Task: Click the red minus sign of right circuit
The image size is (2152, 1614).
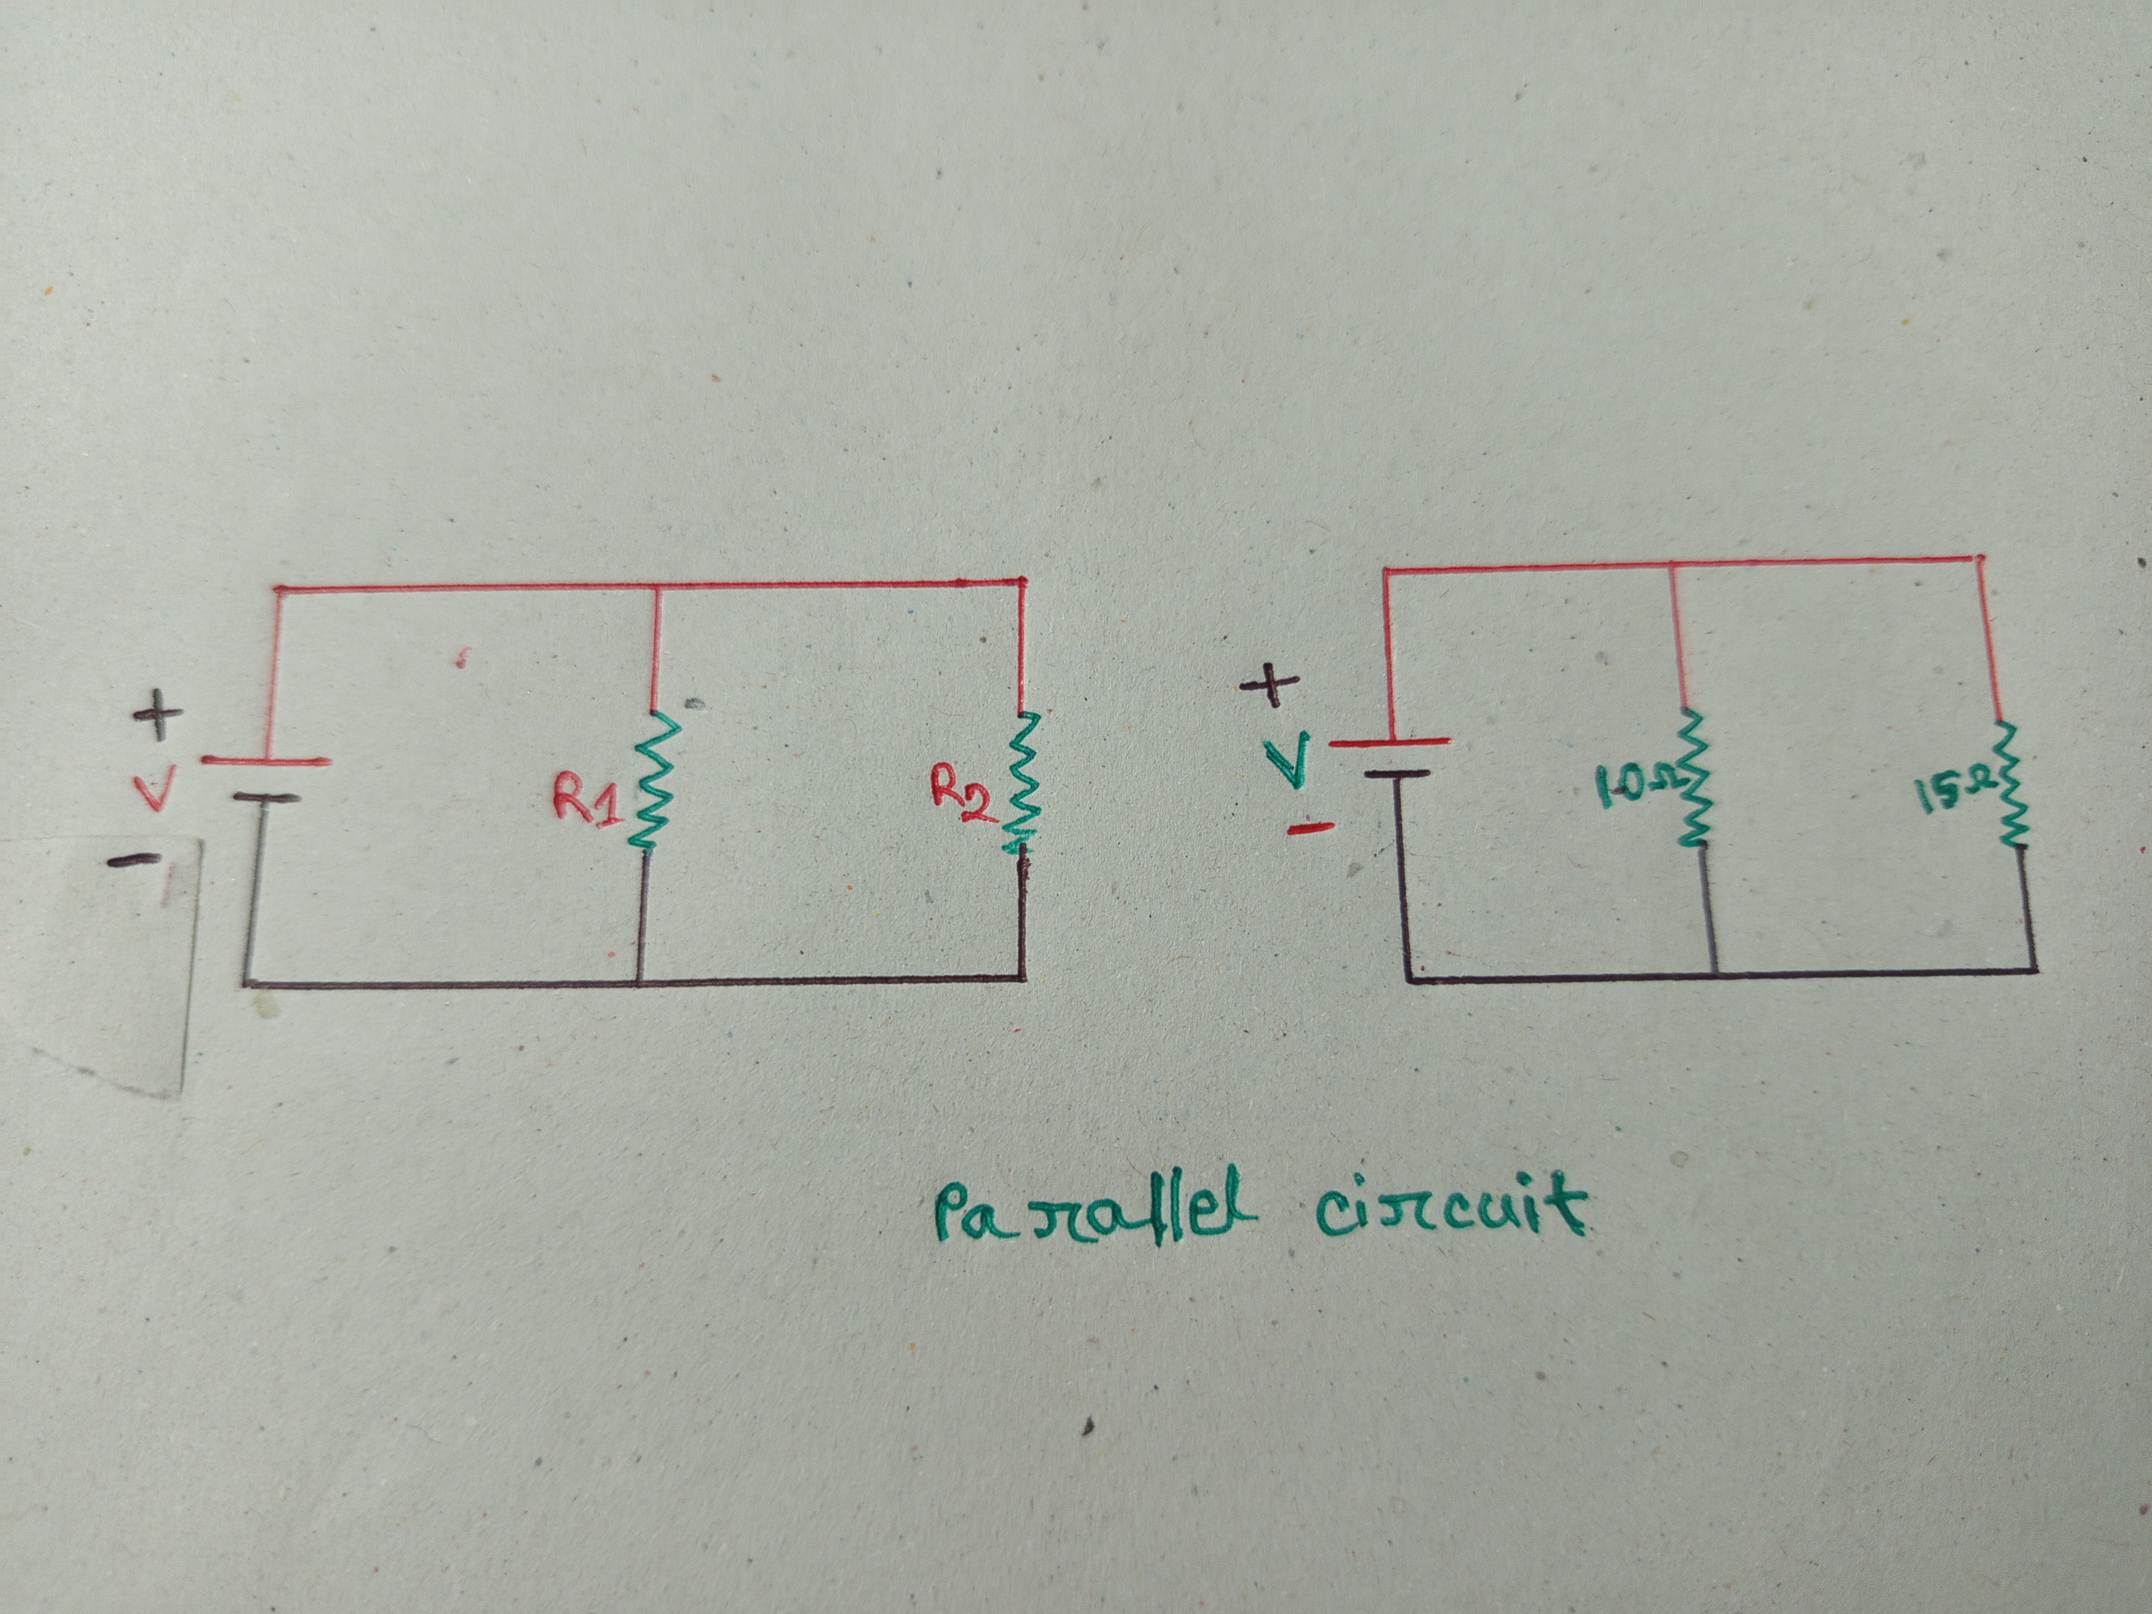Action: coord(1309,829)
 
